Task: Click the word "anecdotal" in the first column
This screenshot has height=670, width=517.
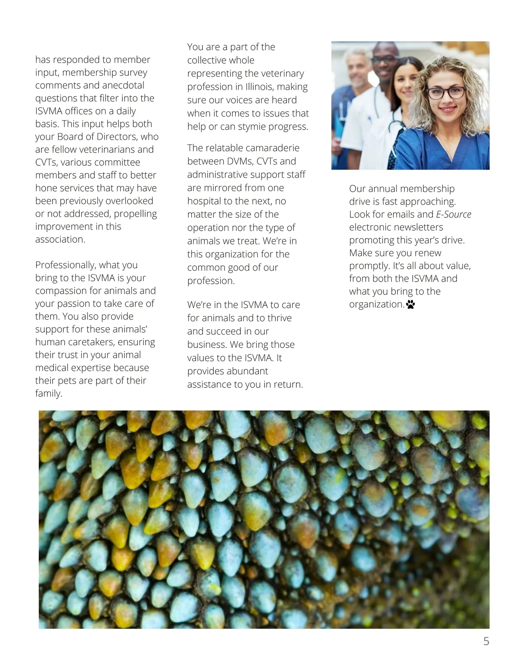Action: [x=123, y=85]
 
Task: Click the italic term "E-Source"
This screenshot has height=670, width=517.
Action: [x=454, y=214]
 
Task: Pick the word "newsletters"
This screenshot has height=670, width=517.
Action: [x=416, y=227]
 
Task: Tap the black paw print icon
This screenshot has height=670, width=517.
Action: [x=411, y=305]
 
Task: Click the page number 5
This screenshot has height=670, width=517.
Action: [x=486, y=641]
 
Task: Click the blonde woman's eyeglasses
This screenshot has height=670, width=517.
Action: [x=446, y=92]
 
